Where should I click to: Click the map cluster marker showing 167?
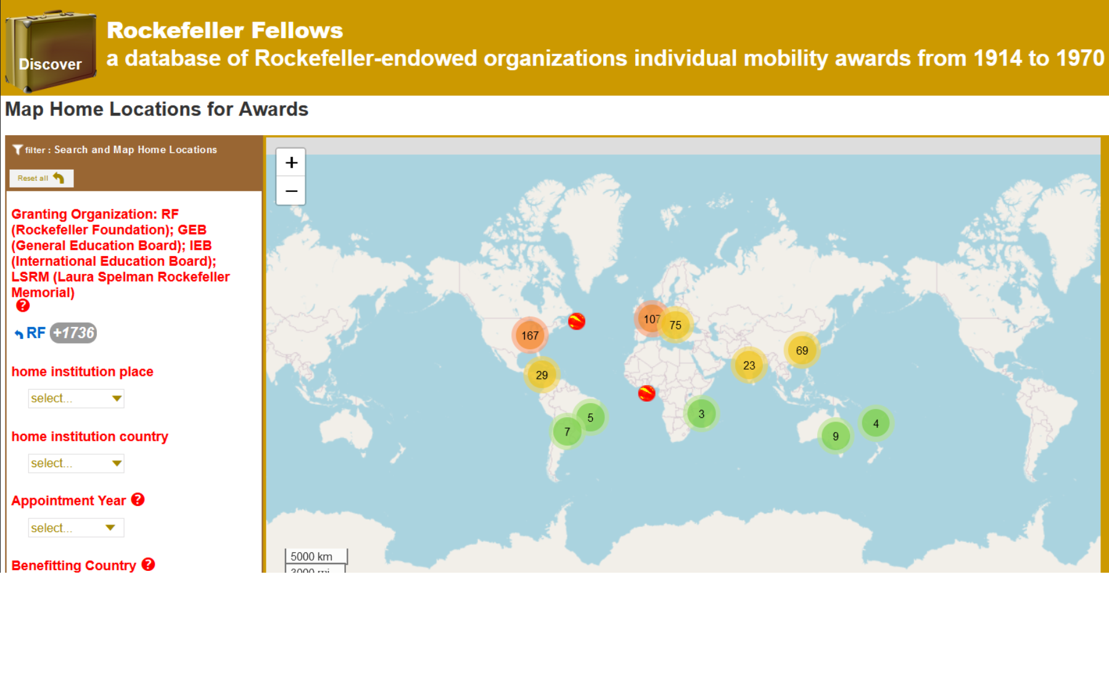click(530, 336)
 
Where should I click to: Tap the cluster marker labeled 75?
click(675, 325)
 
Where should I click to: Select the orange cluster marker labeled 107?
click(651, 319)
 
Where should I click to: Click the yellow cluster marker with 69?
click(802, 351)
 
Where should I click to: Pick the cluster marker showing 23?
click(749, 365)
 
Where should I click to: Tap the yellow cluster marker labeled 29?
click(542, 375)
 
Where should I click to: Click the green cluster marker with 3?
click(701, 414)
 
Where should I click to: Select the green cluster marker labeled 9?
click(836, 436)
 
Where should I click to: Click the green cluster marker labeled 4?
click(876, 423)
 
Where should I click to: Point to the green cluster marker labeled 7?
click(567, 431)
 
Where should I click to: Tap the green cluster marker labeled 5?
click(590, 418)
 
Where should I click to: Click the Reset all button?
click(41, 178)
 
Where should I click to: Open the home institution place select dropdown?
click(76, 399)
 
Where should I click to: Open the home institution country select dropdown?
click(76, 463)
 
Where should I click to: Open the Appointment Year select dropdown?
click(76, 528)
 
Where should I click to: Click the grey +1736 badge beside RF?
click(73, 333)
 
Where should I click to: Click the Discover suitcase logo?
click(51, 51)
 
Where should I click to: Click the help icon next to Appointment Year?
click(138, 500)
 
